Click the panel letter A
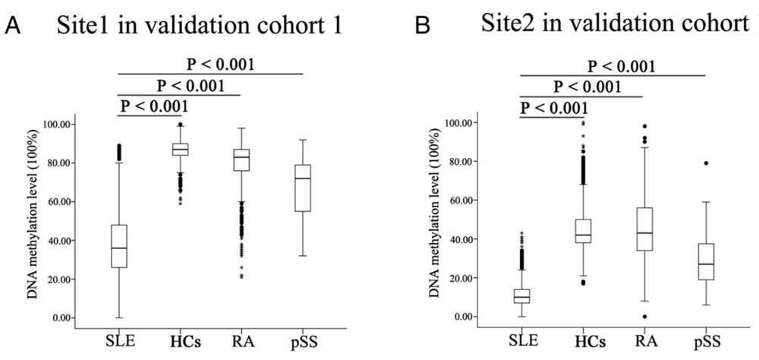(13, 28)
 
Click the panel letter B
(425, 28)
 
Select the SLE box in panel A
(119, 246)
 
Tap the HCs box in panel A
(181, 149)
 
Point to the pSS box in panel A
(303, 188)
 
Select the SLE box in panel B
(521, 295)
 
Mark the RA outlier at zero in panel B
(644, 317)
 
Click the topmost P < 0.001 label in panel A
(221, 64)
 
